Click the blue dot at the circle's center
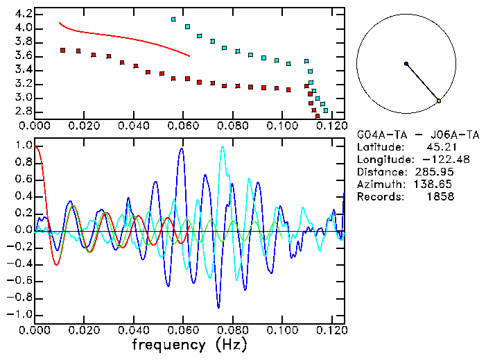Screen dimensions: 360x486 [406, 64]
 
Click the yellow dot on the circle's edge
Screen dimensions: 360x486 [439, 101]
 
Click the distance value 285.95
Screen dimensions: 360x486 [435, 172]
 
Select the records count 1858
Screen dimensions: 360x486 [440, 197]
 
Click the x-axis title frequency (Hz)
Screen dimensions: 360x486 [189, 344]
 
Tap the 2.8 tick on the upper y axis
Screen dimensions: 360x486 [24, 111]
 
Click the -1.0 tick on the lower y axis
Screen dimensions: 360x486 [21, 314]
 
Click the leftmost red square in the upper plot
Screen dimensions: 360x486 [63, 50]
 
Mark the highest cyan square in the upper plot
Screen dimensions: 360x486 [173, 19]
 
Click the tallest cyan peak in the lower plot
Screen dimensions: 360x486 [223, 147]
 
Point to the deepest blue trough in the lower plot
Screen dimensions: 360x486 [218, 307]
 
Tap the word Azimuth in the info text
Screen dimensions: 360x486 [379, 185]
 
